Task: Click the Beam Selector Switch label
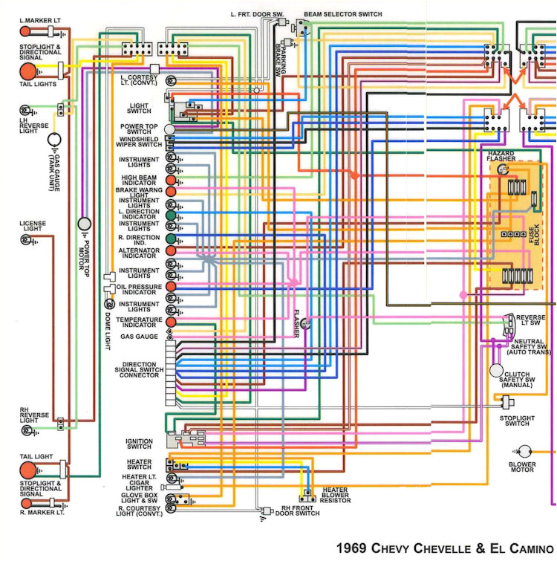coord(344,15)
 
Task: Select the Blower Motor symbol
coord(525,450)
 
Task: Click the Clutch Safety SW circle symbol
coord(496,369)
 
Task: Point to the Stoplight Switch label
coord(517,421)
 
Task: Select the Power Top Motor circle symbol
coord(85,224)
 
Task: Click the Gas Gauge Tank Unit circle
coord(54,140)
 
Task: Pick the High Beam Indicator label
coord(141,180)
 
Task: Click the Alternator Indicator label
coord(141,252)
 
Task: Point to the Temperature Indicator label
coord(140,322)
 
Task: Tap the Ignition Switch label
coord(140,444)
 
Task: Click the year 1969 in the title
coord(351,548)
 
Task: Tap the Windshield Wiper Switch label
coord(141,141)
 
